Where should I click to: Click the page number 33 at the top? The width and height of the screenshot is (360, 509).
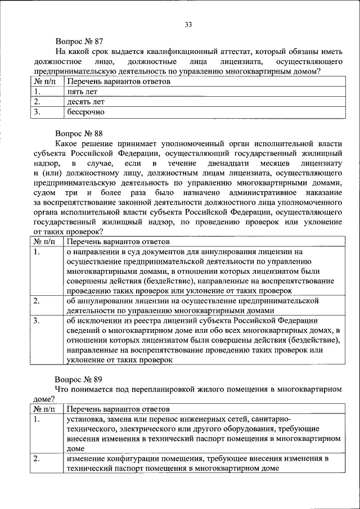coord(188,24)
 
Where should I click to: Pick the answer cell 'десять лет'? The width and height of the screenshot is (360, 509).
coord(84,102)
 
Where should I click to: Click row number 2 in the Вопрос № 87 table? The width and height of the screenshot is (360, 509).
coord(37,102)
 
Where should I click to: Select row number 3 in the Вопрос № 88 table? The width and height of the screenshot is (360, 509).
coord(37,321)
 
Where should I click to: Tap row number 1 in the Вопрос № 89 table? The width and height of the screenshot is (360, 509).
coord(37,420)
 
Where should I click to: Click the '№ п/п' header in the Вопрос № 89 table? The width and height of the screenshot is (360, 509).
coord(44,409)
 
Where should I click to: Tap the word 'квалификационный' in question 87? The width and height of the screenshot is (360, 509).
coord(180,51)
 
